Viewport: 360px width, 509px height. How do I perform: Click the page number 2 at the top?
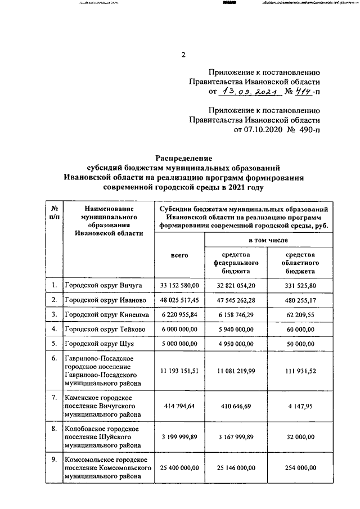183,55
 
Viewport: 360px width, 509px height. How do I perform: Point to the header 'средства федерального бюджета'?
235,262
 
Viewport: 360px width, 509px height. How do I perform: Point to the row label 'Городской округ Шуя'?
99,343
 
